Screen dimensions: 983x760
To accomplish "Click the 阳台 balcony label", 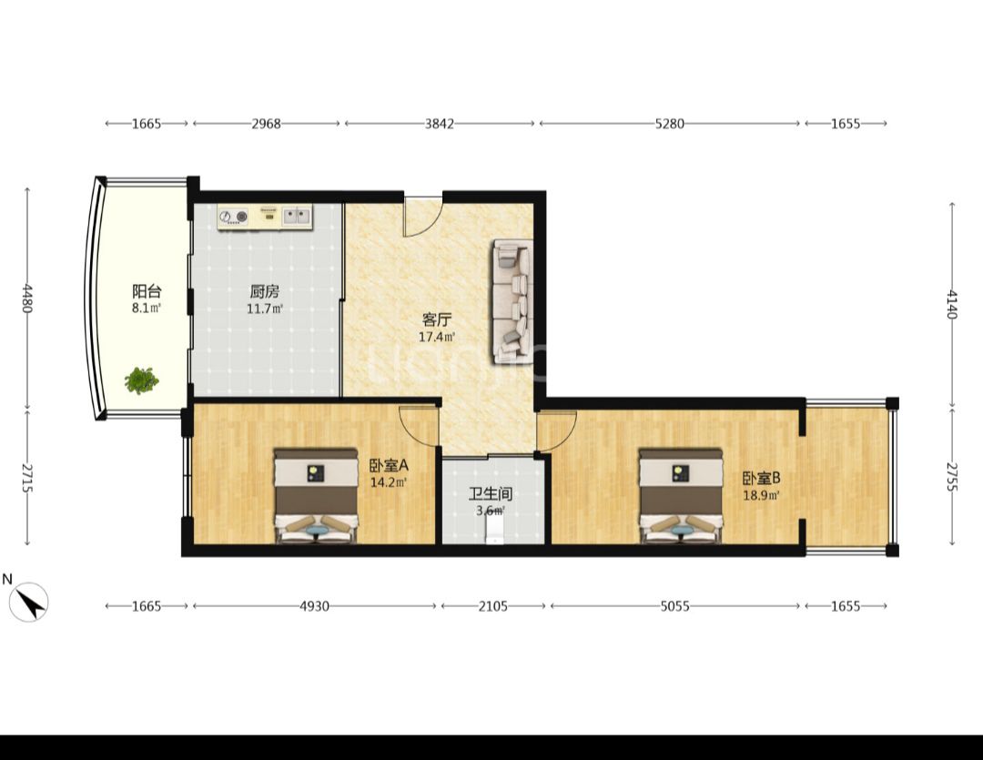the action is (147, 291).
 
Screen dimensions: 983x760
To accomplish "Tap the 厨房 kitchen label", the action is (265, 291).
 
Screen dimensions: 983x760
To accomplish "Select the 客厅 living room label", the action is (437, 319).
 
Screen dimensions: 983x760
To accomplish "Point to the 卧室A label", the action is (389, 465).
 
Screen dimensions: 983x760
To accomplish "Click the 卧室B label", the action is (761, 479).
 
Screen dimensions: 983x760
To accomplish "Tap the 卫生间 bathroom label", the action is (491, 493).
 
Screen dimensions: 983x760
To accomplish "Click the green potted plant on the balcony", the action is (141, 380).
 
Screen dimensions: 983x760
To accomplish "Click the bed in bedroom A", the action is (316, 495).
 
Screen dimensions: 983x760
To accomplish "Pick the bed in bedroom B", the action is (681, 495).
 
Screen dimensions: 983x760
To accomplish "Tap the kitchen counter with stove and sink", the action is (265, 217).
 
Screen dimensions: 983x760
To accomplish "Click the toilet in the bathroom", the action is (494, 532).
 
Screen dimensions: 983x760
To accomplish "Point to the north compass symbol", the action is (28, 602).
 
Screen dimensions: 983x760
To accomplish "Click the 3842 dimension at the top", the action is (440, 124).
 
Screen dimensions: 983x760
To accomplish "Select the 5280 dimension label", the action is (670, 124).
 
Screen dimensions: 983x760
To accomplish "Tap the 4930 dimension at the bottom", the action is (314, 606).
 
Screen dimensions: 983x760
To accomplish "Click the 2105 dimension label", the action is (493, 606).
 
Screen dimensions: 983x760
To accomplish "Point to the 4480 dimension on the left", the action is (27, 298).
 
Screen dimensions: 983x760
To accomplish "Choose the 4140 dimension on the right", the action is (952, 304).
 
